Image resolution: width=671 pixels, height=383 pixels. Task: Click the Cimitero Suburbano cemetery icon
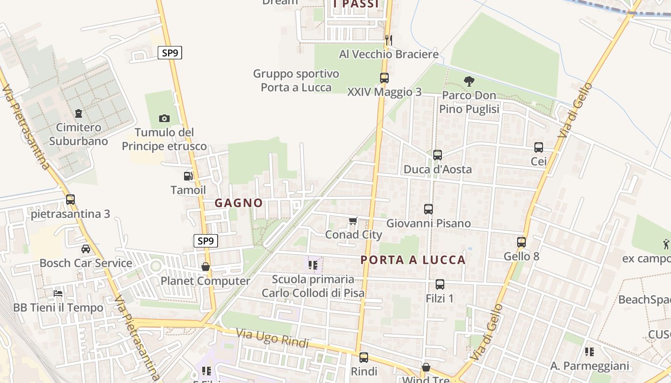click(x=79, y=113)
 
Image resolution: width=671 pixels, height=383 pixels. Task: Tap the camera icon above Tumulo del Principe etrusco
click(x=164, y=118)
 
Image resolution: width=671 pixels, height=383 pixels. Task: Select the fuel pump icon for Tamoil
click(x=188, y=176)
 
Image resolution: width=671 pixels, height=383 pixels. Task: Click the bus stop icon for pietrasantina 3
click(x=70, y=200)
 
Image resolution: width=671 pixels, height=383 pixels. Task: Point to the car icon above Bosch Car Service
click(x=86, y=249)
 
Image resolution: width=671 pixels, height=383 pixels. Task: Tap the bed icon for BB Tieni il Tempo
click(x=58, y=293)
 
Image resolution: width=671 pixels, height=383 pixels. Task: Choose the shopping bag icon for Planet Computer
click(x=206, y=267)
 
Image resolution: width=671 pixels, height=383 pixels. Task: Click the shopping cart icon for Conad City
click(x=353, y=221)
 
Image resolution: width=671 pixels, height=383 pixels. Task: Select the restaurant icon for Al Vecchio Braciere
click(x=389, y=40)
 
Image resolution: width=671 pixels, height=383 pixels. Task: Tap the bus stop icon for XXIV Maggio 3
click(x=384, y=78)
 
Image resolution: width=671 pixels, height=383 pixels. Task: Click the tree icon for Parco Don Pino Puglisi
click(x=469, y=81)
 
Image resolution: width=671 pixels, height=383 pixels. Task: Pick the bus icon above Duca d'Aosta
click(x=437, y=155)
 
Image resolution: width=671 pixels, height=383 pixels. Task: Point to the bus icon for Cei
click(x=539, y=147)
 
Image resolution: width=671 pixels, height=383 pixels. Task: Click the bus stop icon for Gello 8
click(x=521, y=242)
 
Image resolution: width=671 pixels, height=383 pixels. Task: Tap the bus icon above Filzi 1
click(x=440, y=284)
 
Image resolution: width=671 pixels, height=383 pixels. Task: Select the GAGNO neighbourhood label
click(x=239, y=203)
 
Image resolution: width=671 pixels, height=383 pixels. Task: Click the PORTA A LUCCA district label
click(x=413, y=260)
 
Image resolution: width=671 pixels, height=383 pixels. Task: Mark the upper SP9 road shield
click(x=170, y=53)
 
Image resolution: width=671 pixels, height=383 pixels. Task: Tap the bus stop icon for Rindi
click(x=364, y=357)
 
